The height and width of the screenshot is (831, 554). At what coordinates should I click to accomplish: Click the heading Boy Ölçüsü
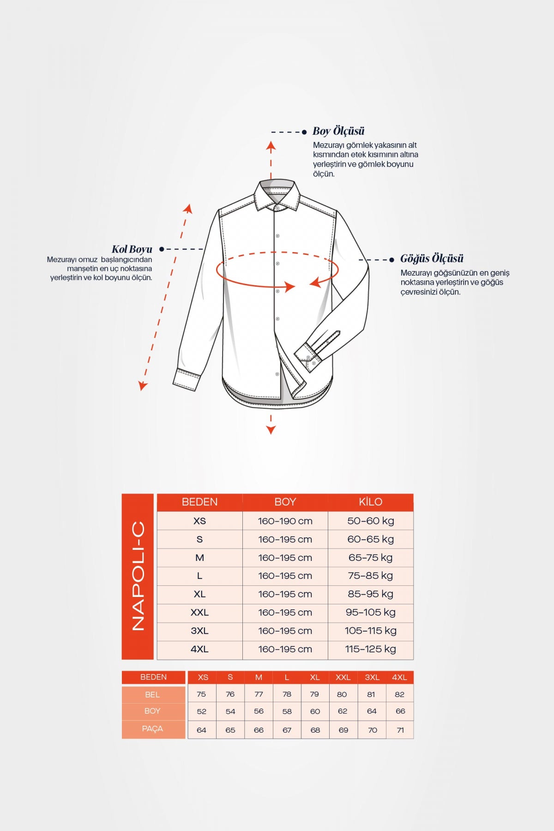point(338,131)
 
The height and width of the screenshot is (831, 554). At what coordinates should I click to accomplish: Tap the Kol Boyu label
point(132,249)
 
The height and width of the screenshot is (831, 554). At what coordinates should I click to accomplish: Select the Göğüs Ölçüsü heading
point(432,259)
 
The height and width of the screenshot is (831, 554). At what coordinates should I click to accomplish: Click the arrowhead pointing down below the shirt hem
point(271,430)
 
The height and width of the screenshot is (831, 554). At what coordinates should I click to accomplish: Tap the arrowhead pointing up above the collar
point(271,147)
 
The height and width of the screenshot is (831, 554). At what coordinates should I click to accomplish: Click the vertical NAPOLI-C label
point(138,576)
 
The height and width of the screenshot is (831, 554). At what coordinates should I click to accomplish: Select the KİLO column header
point(370,502)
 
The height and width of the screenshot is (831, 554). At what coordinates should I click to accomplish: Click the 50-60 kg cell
point(370,521)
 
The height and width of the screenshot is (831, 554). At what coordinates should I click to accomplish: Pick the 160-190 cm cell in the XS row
point(285,521)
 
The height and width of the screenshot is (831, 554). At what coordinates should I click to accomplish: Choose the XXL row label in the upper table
point(199,613)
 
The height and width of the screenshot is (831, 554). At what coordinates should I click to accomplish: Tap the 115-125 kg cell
point(370,649)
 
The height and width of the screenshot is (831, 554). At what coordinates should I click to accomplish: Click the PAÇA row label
point(153,729)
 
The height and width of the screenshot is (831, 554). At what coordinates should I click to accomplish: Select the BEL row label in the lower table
point(153,694)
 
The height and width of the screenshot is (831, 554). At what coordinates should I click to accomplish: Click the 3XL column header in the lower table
point(372,677)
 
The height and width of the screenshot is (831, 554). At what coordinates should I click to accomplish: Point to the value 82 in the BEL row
point(400,694)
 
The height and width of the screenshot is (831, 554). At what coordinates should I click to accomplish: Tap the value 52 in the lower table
point(202,711)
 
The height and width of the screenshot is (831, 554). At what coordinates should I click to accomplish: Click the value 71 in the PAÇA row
point(400,730)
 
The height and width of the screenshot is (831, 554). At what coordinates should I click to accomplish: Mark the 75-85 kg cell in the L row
point(370,576)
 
